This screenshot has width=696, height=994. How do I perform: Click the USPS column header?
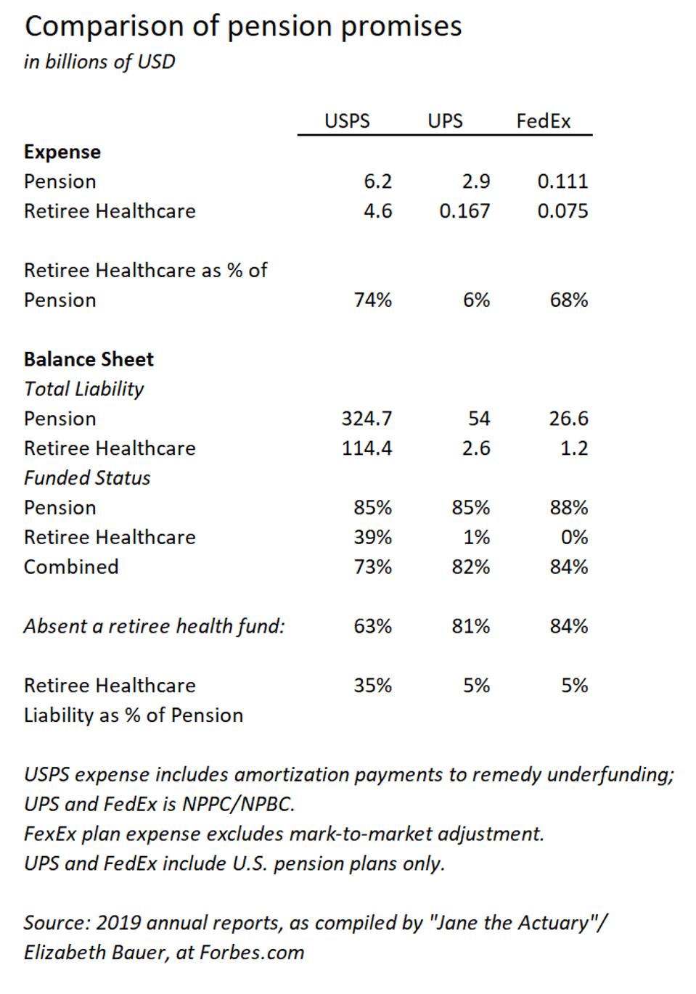coord(347,121)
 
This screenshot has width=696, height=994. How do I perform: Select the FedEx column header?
coord(544,121)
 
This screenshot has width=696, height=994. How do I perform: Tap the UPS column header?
coord(445,121)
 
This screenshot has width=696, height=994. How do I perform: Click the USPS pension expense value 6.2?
coord(377,181)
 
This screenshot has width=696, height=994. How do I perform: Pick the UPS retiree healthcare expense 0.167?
coord(464,211)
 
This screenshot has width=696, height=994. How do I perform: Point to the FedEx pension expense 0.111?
coord(562,181)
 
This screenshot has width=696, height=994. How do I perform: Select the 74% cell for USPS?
coord(373,300)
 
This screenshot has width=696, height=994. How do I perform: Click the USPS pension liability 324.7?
coord(367,419)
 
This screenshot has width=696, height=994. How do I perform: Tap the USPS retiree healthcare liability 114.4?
coord(367,448)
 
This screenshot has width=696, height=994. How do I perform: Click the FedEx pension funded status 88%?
coord(568,508)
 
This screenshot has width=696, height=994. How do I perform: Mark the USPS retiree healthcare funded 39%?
coord(373,538)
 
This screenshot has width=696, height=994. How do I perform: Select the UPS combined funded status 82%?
coord(470,567)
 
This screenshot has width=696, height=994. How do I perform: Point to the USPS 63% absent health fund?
coord(373,626)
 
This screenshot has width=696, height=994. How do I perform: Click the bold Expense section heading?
coord(62,152)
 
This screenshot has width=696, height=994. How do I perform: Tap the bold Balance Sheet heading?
coord(89,360)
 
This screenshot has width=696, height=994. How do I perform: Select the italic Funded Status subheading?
coord(87,478)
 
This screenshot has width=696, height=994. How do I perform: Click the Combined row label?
coord(71,567)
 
